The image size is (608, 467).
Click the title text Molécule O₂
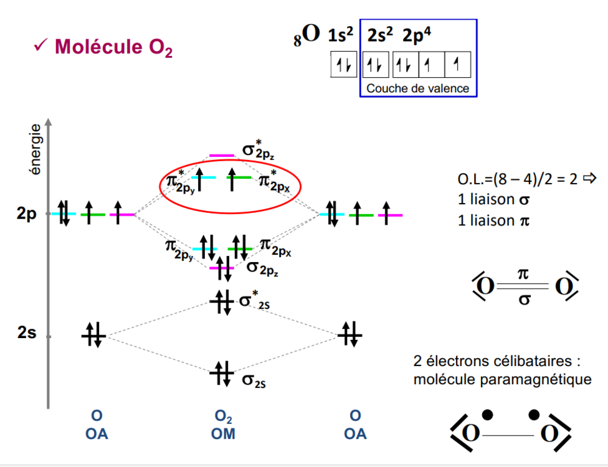point(113,47)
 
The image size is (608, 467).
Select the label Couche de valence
point(417,88)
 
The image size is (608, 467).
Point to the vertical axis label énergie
point(36,149)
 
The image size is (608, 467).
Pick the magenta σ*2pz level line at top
point(221,155)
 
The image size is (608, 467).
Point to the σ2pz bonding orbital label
point(262,268)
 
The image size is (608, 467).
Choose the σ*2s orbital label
point(255,301)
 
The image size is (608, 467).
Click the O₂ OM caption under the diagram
point(224,425)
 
